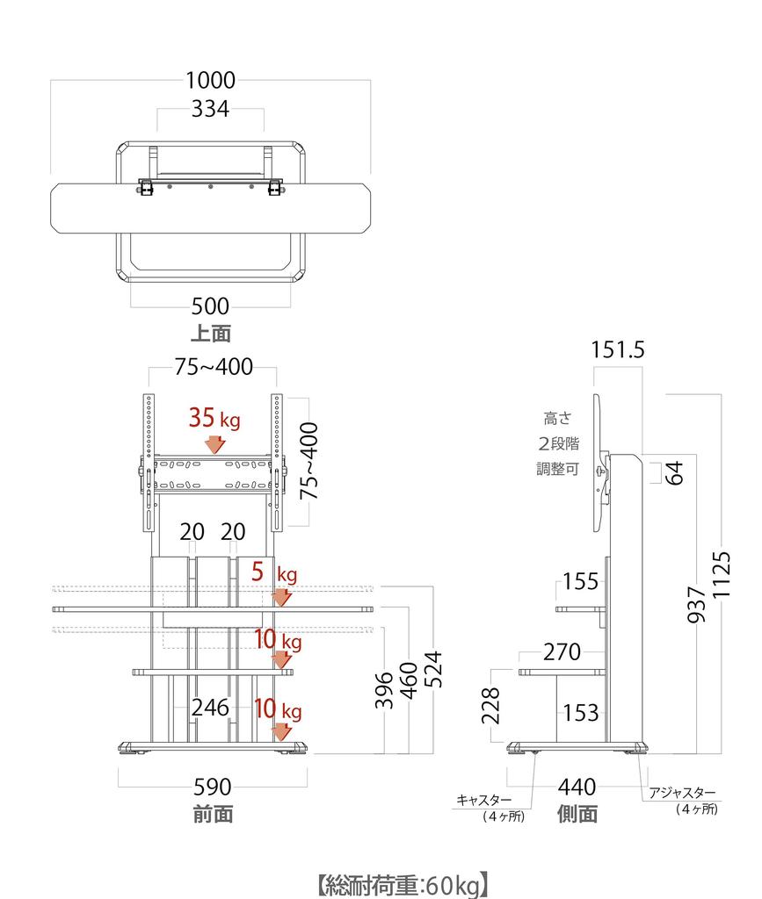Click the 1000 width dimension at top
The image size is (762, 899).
[x=211, y=80]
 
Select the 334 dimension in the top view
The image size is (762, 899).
[x=211, y=109]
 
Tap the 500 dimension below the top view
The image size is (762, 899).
[x=211, y=306]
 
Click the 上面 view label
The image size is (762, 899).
[x=211, y=334]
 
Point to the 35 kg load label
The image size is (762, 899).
[x=214, y=418]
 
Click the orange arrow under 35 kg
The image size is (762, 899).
[x=215, y=444]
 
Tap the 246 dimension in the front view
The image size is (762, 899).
[x=211, y=708]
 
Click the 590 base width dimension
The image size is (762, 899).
[x=213, y=788]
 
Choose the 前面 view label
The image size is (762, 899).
[x=213, y=814]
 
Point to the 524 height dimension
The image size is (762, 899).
[x=435, y=669]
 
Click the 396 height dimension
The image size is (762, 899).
[x=384, y=690]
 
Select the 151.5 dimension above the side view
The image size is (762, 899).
[x=618, y=349]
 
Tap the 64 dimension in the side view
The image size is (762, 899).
[x=674, y=472]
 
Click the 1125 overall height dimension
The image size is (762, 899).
[x=722, y=575]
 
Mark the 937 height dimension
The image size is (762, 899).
[x=696, y=604]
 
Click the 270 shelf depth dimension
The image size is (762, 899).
[x=562, y=652]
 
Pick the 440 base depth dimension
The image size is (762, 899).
[x=577, y=788]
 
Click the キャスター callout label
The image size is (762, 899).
[x=483, y=800]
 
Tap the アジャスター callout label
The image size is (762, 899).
[x=682, y=793]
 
